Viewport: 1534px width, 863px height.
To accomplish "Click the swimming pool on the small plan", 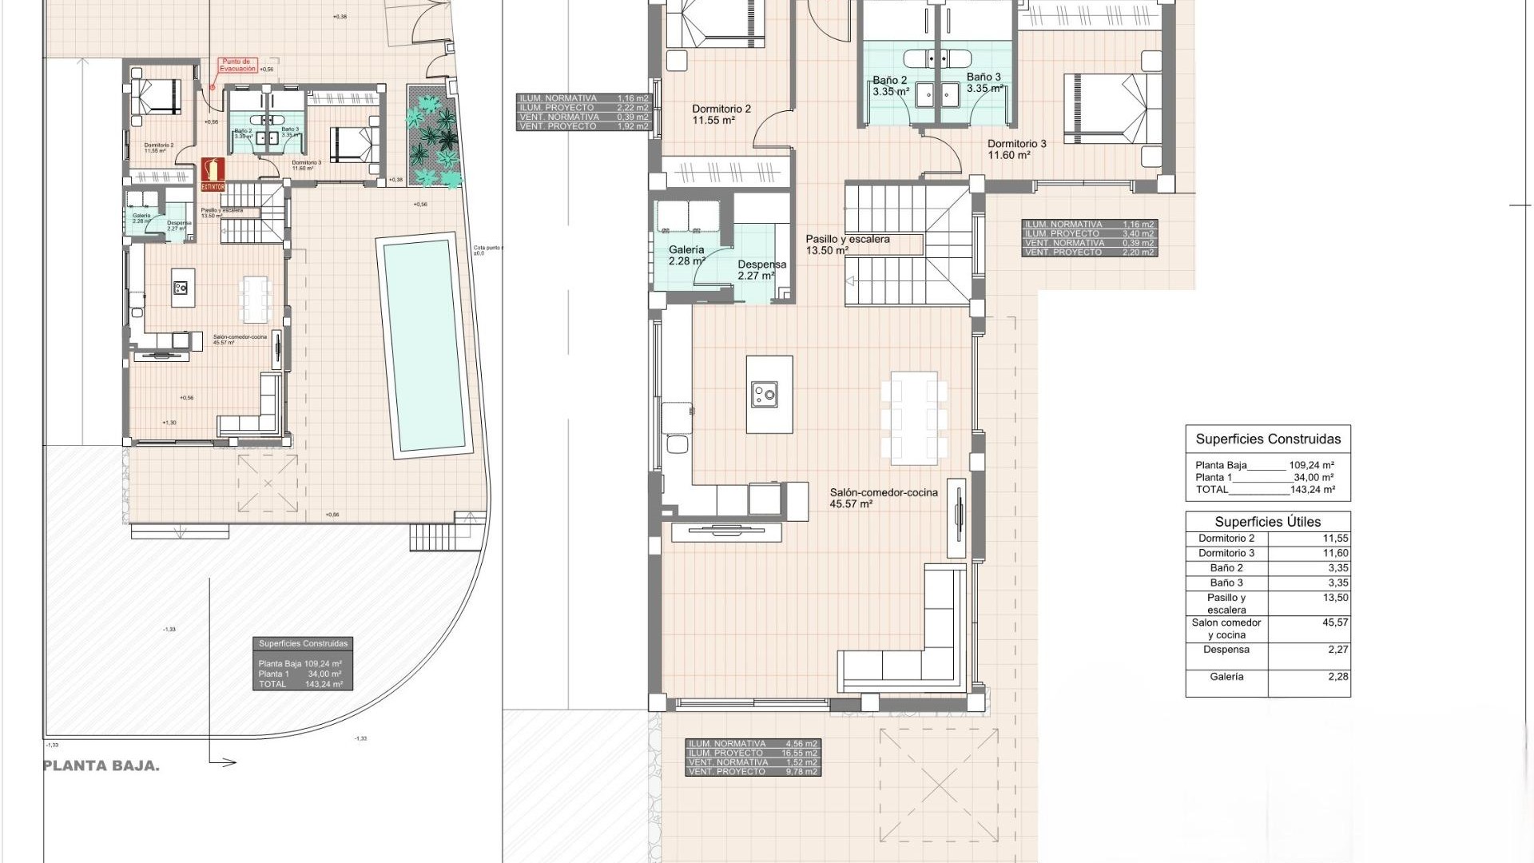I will point(424,346).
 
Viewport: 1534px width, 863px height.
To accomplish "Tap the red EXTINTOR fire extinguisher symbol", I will point(213,173).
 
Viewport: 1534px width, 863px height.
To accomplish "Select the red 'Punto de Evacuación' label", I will point(237,65).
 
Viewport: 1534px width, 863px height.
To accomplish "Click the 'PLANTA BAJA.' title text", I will point(101,766).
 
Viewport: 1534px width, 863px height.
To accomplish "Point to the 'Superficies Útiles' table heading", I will point(1267,522).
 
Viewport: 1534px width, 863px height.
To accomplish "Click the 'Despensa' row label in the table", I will point(1226,650).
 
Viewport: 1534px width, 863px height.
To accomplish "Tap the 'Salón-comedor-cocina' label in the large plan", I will point(883,492).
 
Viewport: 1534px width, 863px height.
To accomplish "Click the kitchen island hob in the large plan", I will point(765,393).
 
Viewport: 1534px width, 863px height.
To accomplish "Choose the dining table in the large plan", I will point(914,418).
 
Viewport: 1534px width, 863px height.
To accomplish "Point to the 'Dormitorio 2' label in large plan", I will point(721,109).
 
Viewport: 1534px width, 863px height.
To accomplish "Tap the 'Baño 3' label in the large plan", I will point(983,78).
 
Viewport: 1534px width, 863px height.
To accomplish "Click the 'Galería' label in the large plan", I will point(686,249).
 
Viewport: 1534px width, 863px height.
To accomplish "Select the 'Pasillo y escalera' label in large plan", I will point(847,239).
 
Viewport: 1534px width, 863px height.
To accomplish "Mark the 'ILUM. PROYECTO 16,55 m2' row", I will point(753,753).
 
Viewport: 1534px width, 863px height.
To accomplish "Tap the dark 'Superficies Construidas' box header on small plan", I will point(303,643).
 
